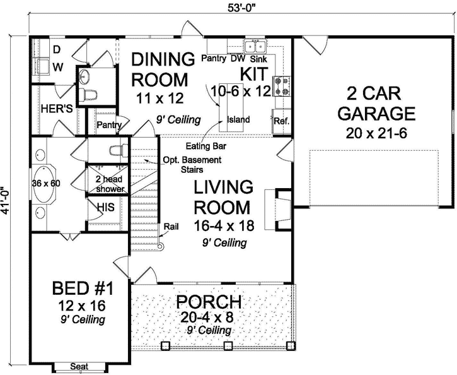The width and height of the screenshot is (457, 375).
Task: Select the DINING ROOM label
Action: click(163, 70)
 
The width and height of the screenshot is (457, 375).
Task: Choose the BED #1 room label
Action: click(82, 290)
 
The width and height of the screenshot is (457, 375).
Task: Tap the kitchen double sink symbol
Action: click(256, 46)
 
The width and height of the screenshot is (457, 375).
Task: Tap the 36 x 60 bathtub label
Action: click(46, 184)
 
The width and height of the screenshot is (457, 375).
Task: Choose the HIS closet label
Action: click(105, 206)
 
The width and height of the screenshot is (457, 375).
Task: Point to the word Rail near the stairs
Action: click(170, 226)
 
